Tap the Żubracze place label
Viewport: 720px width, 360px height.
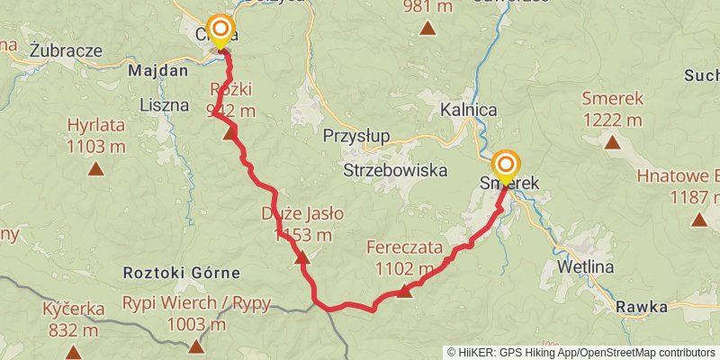[65, 50]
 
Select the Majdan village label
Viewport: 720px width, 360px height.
[158, 70]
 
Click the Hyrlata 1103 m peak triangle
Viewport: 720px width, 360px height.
[95, 167]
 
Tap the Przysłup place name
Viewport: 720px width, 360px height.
[357, 136]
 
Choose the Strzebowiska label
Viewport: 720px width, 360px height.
[395, 169]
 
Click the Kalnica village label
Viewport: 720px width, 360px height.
[470, 110]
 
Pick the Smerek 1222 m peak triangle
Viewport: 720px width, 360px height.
[612, 141]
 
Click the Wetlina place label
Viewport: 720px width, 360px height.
[585, 267]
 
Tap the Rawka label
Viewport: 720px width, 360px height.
[642, 307]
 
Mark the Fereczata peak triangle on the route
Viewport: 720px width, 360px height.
[405, 290]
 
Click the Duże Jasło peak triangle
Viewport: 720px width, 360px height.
[301, 258]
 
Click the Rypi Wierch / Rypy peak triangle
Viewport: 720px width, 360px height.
[196, 345]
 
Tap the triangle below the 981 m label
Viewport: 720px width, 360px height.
[428, 28]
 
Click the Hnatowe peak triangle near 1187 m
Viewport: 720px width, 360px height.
[698, 219]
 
